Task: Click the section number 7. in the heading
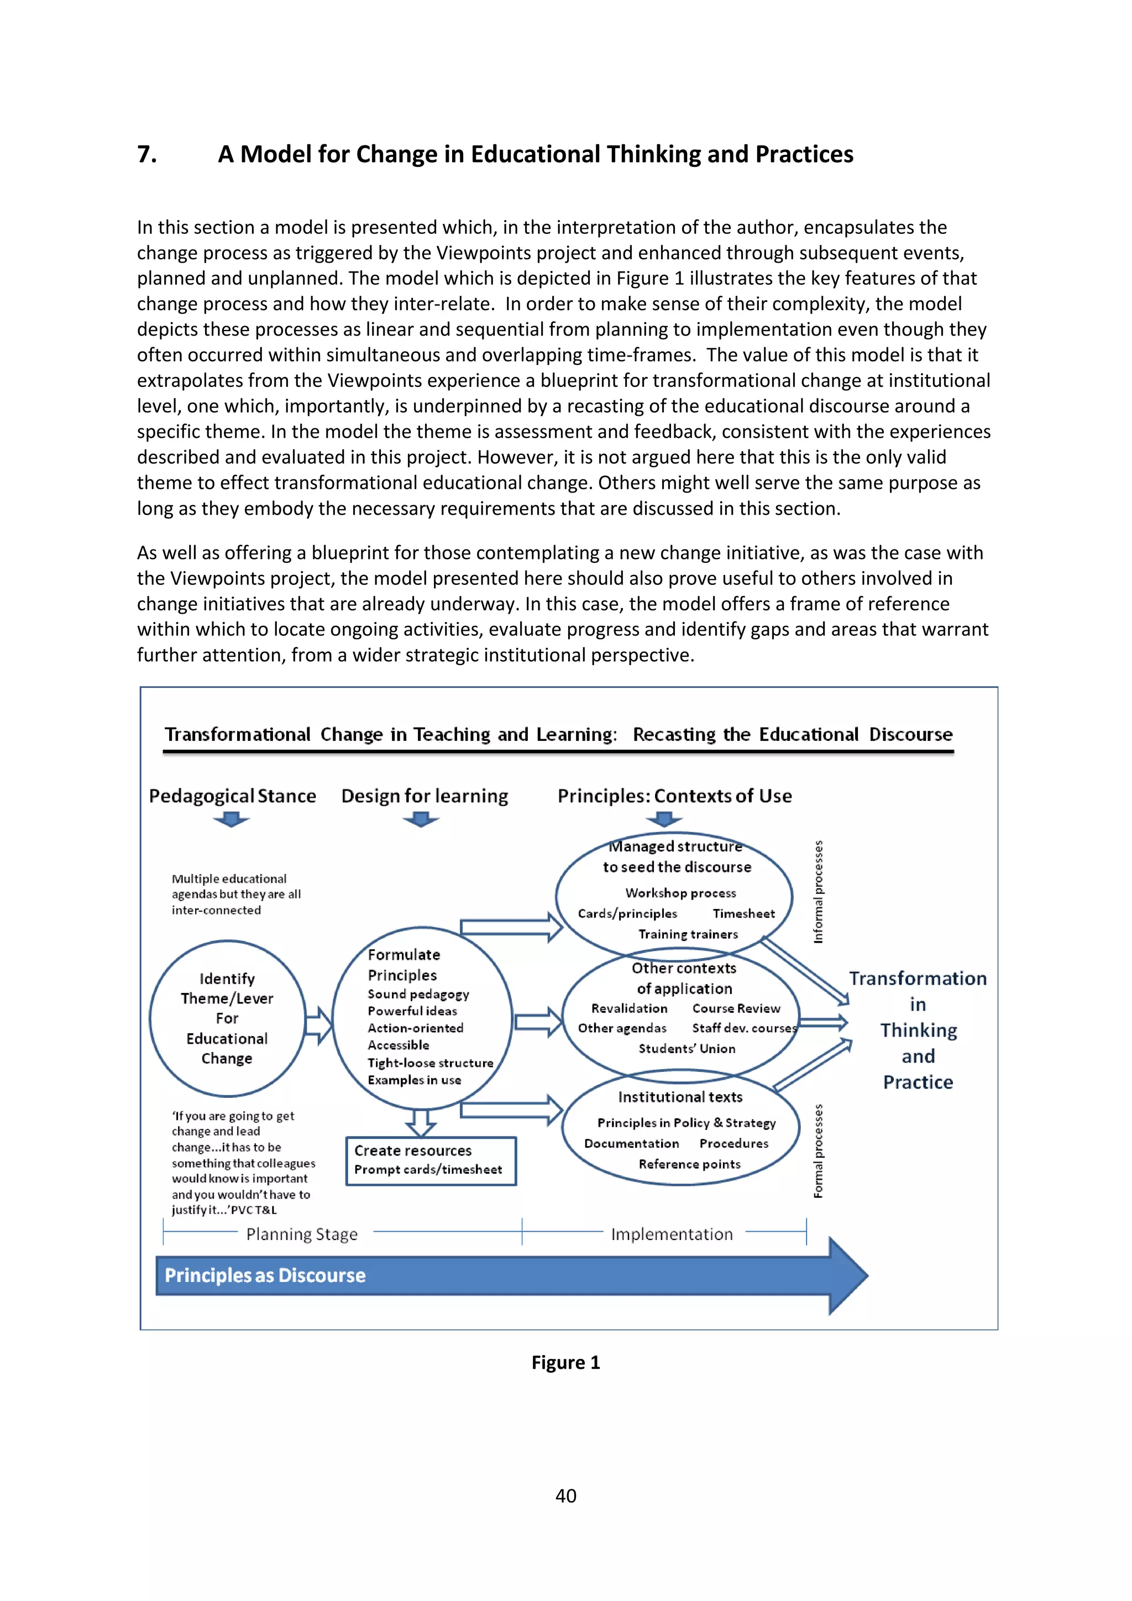click(x=147, y=154)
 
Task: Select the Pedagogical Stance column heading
click(x=232, y=796)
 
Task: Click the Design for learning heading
click(x=424, y=796)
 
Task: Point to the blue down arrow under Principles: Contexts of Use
click(x=664, y=819)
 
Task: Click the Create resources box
click(x=431, y=1160)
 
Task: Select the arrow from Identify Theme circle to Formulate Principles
click(x=318, y=1025)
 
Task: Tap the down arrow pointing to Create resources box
click(x=421, y=1122)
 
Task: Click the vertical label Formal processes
click(x=819, y=1151)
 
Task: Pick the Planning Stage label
click(x=302, y=1234)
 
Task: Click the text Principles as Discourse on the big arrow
click(x=265, y=1275)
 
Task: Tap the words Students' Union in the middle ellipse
click(x=686, y=1049)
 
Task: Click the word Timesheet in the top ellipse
click(x=743, y=913)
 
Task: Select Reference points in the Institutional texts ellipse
click(x=689, y=1164)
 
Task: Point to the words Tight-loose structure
click(x=430, y=1063)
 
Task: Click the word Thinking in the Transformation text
click(x=918, y=1030)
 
